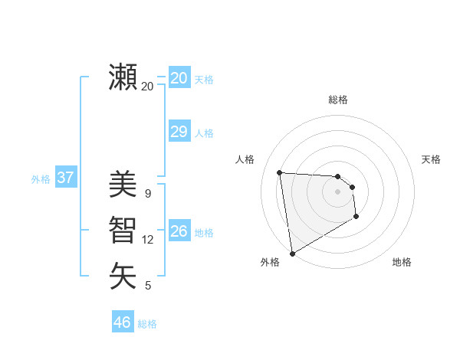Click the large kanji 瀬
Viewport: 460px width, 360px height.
click(x=123, y=77)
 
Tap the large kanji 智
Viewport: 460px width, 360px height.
click(x=123, y=230)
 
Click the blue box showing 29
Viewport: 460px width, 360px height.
click(x=179, y=132)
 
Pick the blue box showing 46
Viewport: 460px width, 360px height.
click(x=122, y=322)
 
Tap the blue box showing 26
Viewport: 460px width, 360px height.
click(x=179, y=231)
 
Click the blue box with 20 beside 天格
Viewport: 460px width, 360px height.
click(x=179, y=77)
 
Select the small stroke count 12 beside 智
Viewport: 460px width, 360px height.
click(x=148, y=240)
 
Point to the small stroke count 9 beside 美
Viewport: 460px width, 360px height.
click(x=148, y=193)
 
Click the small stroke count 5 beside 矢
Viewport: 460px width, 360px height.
click(x=148, y=286)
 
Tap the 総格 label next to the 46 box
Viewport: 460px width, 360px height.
click(x=147, y=324)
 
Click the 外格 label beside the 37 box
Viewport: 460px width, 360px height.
click(x=41, y=179)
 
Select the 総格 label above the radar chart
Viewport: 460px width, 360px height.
click(x=338, y=100)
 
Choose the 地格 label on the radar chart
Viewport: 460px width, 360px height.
click(x=402, y=262)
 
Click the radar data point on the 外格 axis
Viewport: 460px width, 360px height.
click(x=292, y=253)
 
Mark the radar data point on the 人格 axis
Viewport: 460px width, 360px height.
click(x=280, y=172)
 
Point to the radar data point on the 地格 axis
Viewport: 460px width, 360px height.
click(x=356, y=217)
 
